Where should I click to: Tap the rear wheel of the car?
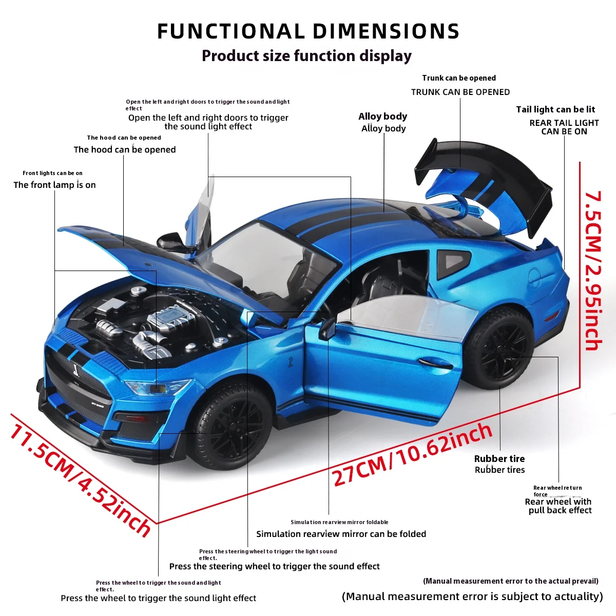pyautogui.click(x=502, y=348)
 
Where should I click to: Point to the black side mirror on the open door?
pyautogui.click(x=327, y=329)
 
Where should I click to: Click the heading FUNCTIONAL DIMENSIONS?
pyautogui.click(x=308, y=31)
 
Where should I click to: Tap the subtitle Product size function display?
pyautogui.click(x=306, y=55)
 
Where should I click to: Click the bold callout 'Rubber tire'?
pyautogui.click(x=499, y=458)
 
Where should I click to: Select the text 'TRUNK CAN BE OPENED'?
pyautogui.click(x=460, y=92)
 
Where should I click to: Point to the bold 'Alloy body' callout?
pyautogui.click(x=383, y=117)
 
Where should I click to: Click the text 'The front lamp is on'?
pyautogui.click(x=54, y=185)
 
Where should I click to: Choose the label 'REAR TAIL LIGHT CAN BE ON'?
pyautogui.click(x=564, y=127)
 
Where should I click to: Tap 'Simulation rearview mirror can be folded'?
pyautogui.click(x=341, y=534)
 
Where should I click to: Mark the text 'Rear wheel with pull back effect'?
pyautogui.click(x=559, y=506)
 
